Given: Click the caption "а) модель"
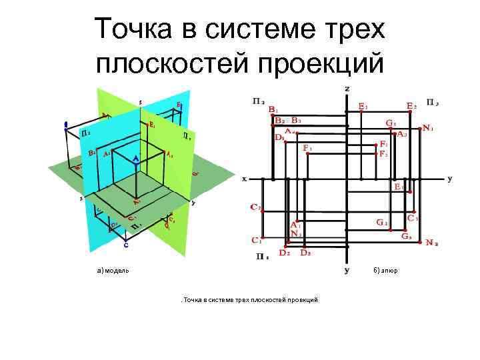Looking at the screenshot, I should pyautogui.click(x=113, y=271).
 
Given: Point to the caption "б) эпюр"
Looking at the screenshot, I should pyautogui.click(x=385, y=271).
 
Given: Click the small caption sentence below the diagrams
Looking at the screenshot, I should pyautogui.click(x=251, y=300).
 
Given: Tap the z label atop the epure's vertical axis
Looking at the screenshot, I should pyautogui.click(x=347, y=88).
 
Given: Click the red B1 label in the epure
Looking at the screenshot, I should pyautogui.click(x=273, y=109).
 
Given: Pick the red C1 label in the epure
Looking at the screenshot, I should pyautogui.click(x=255, y=239).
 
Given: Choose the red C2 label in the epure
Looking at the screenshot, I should pyautogui.click(x=255, y=207).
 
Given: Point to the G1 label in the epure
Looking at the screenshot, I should pyautogui.click(x=391, y=123).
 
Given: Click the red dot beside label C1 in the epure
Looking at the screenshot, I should pyautogui.click(x=264, y=237).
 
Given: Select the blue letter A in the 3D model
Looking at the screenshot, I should pyautogui.click(x=135, y=159).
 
